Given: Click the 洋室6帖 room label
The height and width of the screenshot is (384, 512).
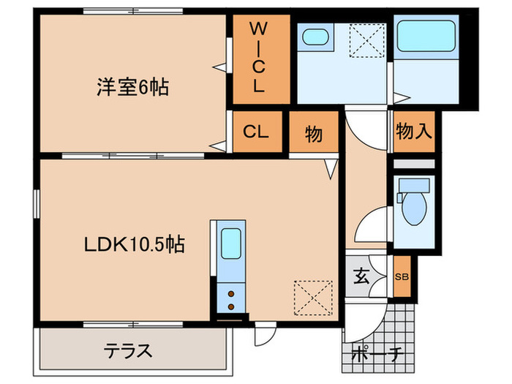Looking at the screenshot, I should tap(132, 88).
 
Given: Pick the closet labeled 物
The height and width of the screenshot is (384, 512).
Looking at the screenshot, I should tap(313, 135).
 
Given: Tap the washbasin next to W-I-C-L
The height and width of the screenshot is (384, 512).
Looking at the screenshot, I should tap(316, 37).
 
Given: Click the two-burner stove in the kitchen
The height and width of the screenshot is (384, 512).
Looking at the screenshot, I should tap(230, 298).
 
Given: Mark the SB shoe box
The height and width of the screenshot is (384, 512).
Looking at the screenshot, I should tap(402, 276).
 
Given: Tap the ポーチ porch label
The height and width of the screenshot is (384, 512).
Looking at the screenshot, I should tap(377, 355).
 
